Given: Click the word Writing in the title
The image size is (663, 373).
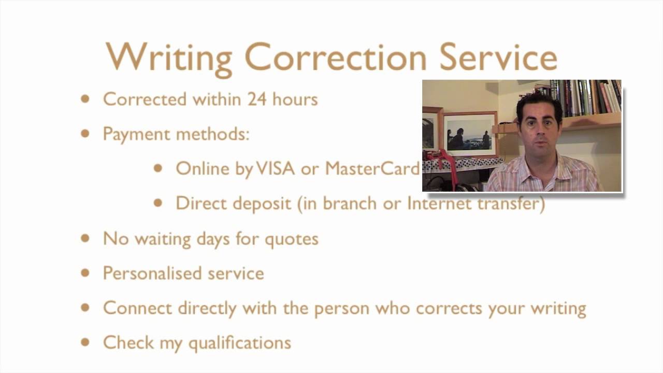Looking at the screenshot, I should (169, 57).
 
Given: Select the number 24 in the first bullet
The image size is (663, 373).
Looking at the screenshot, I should (256, 99).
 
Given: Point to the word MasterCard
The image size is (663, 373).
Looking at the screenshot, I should (372, 168).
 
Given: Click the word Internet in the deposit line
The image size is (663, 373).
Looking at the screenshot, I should (439, 203).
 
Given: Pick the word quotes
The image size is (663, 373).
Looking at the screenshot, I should (291, 239).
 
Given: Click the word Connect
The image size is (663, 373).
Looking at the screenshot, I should (137, 308).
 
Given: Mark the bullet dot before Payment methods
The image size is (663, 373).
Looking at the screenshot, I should (85, 134).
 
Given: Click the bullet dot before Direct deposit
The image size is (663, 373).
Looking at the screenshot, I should (158, 203).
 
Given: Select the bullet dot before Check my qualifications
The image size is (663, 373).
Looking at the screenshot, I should (85, 342).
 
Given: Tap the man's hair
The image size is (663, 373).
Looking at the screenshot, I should (539, 101).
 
